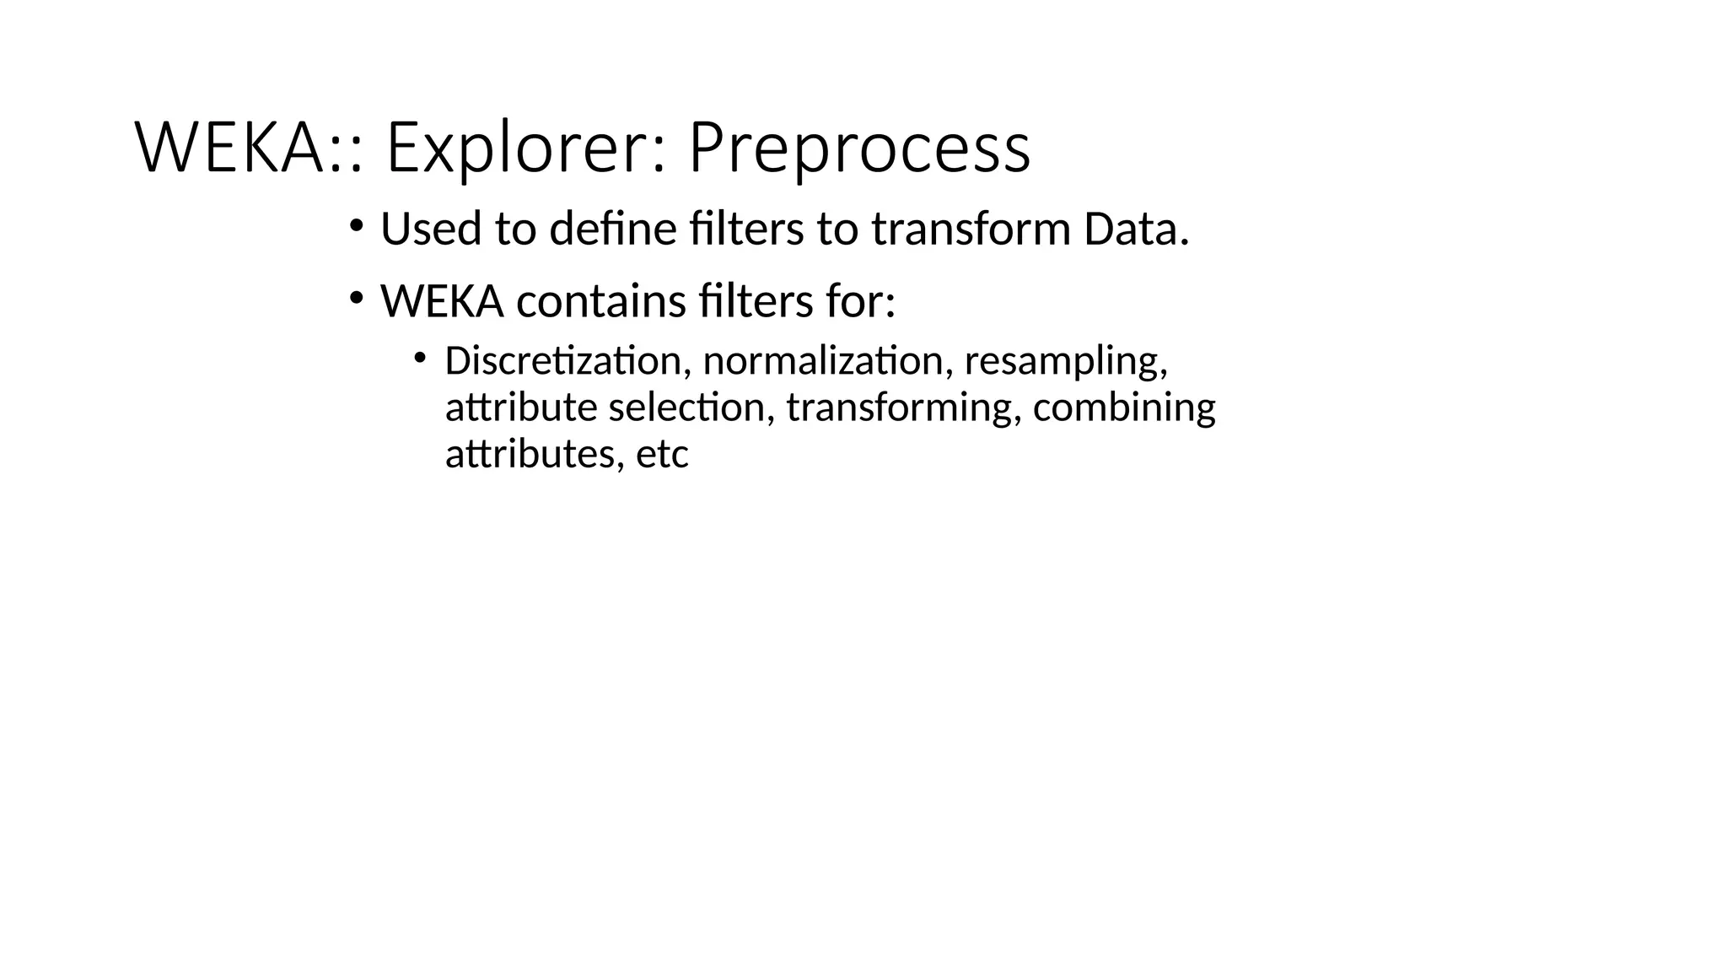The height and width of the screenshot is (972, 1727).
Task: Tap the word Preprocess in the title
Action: pos(859,148)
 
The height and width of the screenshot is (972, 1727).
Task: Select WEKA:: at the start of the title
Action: pos(250,148)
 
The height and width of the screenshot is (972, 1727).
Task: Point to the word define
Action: pos(613,229)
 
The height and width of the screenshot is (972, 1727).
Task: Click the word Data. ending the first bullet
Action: pos(1136,229)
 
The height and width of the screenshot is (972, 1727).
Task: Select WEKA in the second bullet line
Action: pos(442,301)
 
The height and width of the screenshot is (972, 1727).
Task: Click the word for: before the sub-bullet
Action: pos(860,301)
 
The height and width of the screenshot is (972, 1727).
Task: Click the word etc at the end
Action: pos(662,455)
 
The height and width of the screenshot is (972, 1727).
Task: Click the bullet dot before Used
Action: pos(356,225)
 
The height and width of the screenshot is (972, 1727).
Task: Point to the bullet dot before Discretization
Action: pos(420,358)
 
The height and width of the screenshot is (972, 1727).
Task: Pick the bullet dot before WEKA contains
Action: pos(356,298)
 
